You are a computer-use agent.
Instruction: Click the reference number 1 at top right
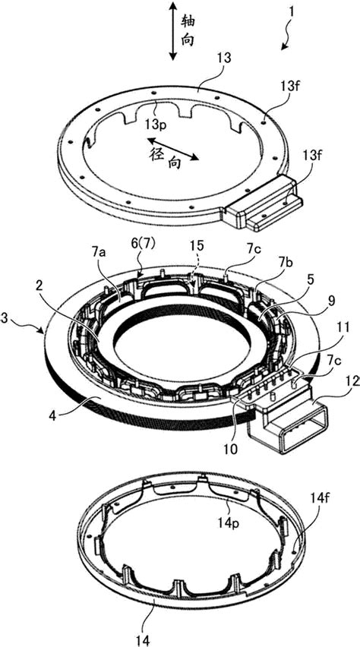pyautogui.click(x=292, y=11)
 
